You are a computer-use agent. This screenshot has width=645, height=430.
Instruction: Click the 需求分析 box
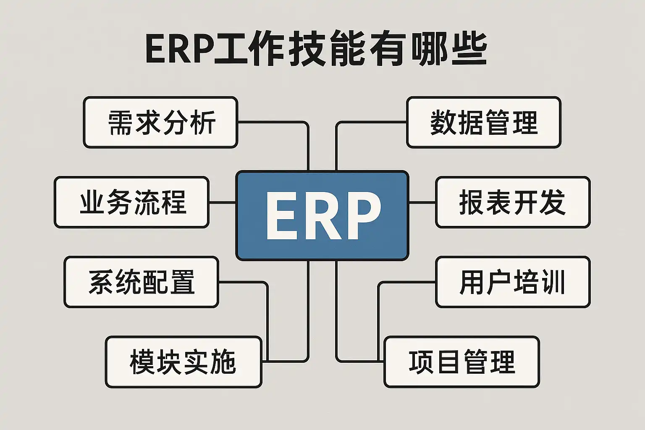pos(161,122)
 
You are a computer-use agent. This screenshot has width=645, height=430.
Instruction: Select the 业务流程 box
pos(131,202)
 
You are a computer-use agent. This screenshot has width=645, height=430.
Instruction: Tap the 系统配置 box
pos(142,282)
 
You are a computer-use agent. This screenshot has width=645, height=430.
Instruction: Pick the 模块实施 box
pos(184,362)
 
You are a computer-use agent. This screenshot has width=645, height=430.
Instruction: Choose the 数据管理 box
pos(484,122)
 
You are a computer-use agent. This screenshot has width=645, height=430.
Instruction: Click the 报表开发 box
pos(513,202)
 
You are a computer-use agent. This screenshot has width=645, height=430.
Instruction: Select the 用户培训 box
pos(513,282)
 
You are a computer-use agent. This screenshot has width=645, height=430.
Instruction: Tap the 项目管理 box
pos(461,362)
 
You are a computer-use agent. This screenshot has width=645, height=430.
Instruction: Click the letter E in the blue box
pos(282,216)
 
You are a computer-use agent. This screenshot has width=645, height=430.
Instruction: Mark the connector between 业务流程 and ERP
pos(223,202)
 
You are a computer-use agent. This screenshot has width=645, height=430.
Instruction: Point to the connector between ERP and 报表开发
pos(422,202)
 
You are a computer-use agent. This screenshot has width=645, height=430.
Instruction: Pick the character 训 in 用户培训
pos(553,282)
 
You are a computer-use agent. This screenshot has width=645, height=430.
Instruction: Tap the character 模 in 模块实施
pos(143,362)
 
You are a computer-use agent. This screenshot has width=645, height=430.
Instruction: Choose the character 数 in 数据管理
pos(443,123)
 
